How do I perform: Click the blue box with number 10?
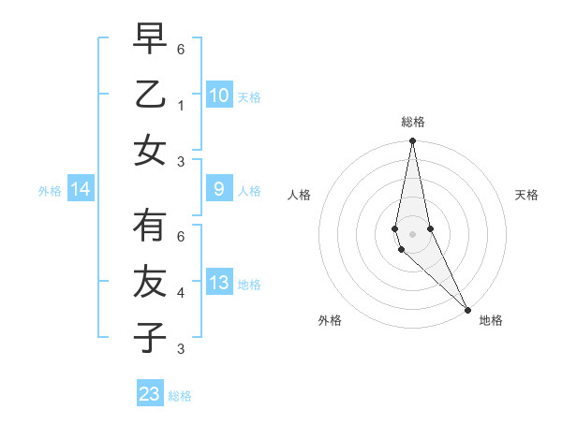pyautogui.click(x=219, y=95)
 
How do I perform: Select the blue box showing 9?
pyautogui.click(x=219, y=189)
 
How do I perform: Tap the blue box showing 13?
pyautogui.click(x=219, y=283)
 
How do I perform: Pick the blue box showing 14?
pyautogui.click(x=81, y=190)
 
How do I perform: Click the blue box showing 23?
pyautogui.click(x=150, y=394)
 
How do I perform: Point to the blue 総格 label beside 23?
pyautogui.click(x=181, y=396)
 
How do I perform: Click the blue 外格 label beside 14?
pyautogui.click(x=50, y=191)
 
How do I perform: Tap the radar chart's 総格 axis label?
pyautogui.click(x=413, y=122)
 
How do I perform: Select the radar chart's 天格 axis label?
pyautogui.click(x=526, y=195)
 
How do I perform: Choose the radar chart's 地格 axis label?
pyautogui.click(x=491, y=320)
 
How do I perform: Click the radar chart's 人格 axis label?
pyautogui.click(x=299, y=195)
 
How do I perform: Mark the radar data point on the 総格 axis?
pyautogui.click(x=412, y=141)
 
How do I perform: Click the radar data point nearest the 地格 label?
pyautogui.click(x=467, y=309)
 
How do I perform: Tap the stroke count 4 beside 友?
pyautogui.click(x=181, y=293)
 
